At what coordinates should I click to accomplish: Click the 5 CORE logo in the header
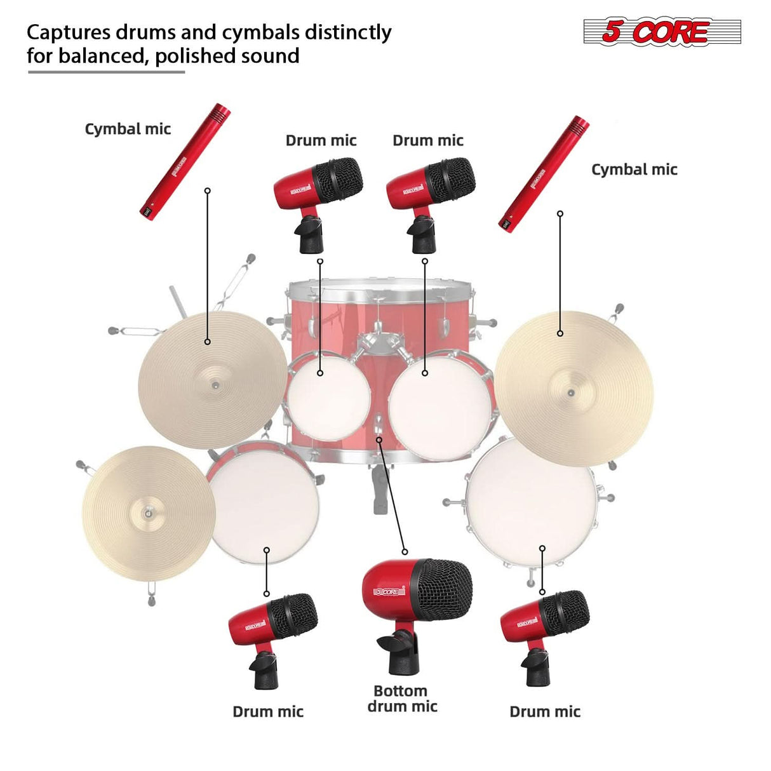click(662, 32)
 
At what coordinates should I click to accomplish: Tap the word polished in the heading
click(187, 56)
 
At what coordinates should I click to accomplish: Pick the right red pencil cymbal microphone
click(544, 175)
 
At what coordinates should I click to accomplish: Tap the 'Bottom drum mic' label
click(402, 699)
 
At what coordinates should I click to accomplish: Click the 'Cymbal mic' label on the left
click(128, 129)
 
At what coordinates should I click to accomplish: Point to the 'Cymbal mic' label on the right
click(634, 170)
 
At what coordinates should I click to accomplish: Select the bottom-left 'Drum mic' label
click(268, 711)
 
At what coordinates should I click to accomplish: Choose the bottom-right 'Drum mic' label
click(545, 711)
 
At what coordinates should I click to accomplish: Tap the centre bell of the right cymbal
click(570, 392)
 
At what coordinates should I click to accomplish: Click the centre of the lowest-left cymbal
click(147, 513)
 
